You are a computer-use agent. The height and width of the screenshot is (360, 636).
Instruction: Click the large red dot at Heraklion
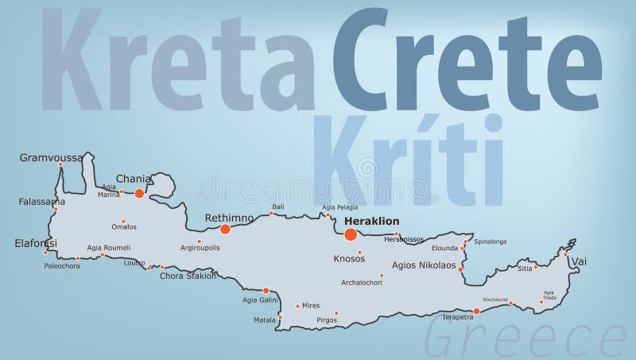pos(351,234)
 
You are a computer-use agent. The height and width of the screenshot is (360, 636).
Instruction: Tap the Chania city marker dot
pos(139,193)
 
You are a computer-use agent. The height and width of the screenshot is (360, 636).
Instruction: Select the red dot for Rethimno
pos(225,229)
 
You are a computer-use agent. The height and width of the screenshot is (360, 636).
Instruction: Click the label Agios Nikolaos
pos(425,265)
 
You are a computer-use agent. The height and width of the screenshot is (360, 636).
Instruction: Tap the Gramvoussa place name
pos(51,157)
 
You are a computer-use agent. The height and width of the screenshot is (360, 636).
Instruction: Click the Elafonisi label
pos(35,243)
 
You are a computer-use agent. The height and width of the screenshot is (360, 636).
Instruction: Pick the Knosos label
pos(349,258)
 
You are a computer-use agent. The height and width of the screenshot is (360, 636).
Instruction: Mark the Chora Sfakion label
pos(188,277)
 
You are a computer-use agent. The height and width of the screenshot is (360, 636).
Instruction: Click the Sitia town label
pos(525,269)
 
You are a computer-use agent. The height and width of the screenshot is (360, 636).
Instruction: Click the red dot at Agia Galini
pos(266,291)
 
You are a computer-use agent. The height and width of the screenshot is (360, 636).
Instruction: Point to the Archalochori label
pos(362,281)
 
